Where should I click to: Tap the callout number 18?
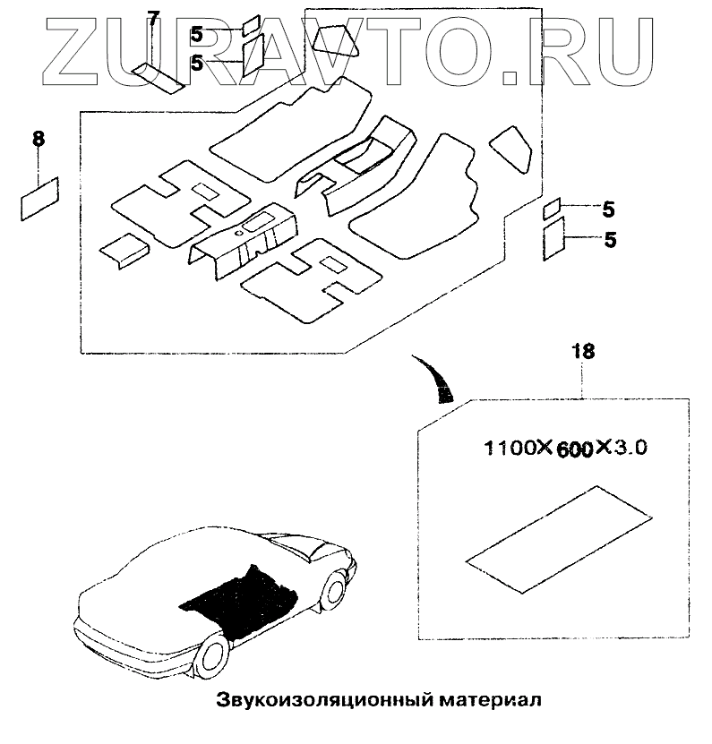582,352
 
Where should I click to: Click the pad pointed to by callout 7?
158,78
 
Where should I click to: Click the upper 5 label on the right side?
608,211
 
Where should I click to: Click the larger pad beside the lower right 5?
553,242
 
